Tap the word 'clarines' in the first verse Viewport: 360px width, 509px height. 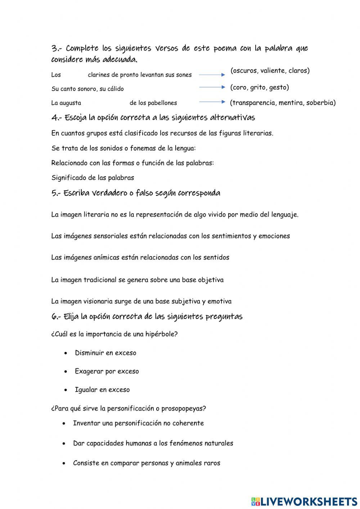coord(98,75)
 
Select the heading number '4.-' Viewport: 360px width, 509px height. coord(57,118)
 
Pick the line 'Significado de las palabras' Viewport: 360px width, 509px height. coord(93,178)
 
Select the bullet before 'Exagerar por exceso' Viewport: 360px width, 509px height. coord(66,371)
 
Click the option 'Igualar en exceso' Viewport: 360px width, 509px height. coord(102,390)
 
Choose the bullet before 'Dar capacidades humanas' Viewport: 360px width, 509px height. coord(64,443)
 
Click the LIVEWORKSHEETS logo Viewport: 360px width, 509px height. coord(304,501)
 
